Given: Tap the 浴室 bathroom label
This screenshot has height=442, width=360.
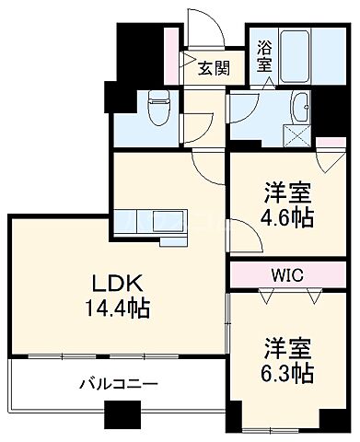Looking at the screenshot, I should coord(264,57).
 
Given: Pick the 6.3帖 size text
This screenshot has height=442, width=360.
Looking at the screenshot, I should coord(287,374).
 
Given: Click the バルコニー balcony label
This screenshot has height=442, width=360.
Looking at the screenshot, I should coord(118,382).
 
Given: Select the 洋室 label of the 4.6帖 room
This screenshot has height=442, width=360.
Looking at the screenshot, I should coord(286,192).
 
